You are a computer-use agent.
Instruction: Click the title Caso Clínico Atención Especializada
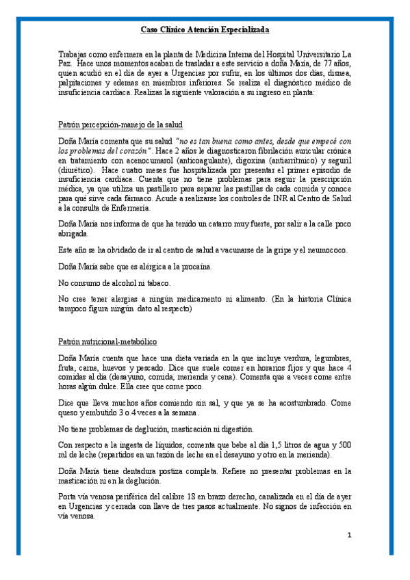pyautogui.click(x=205, y=30)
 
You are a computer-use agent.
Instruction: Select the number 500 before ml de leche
pyautogui.click(x=344, y=445)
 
